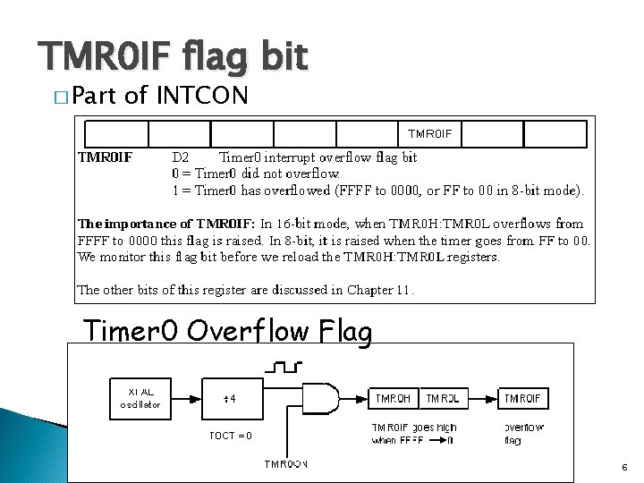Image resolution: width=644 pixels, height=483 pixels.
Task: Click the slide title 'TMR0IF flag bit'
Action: (x=174, y=56)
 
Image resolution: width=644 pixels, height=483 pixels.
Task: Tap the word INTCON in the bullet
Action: (x=202, y=96)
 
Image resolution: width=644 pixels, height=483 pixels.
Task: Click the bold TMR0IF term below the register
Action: (x=106, y=157)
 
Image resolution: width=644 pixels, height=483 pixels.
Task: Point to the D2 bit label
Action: (x=180, y=157)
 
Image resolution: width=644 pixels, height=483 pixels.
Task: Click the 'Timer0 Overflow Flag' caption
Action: (x=227, y=331)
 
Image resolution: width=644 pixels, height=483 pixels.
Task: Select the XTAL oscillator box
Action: (x=140, y=398)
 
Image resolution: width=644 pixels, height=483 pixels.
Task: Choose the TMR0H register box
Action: (x=393, y=398)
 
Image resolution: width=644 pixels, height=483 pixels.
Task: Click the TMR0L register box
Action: (x=442, y=398)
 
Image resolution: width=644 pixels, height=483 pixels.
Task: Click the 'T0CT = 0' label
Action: (x=230, y=436)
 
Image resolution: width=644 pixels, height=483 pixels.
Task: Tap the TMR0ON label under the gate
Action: (x=285, y=463)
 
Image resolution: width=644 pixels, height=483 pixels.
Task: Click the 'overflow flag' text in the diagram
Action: (x=523, y=433)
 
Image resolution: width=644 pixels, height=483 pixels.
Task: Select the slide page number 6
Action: (x=623, y=467)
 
